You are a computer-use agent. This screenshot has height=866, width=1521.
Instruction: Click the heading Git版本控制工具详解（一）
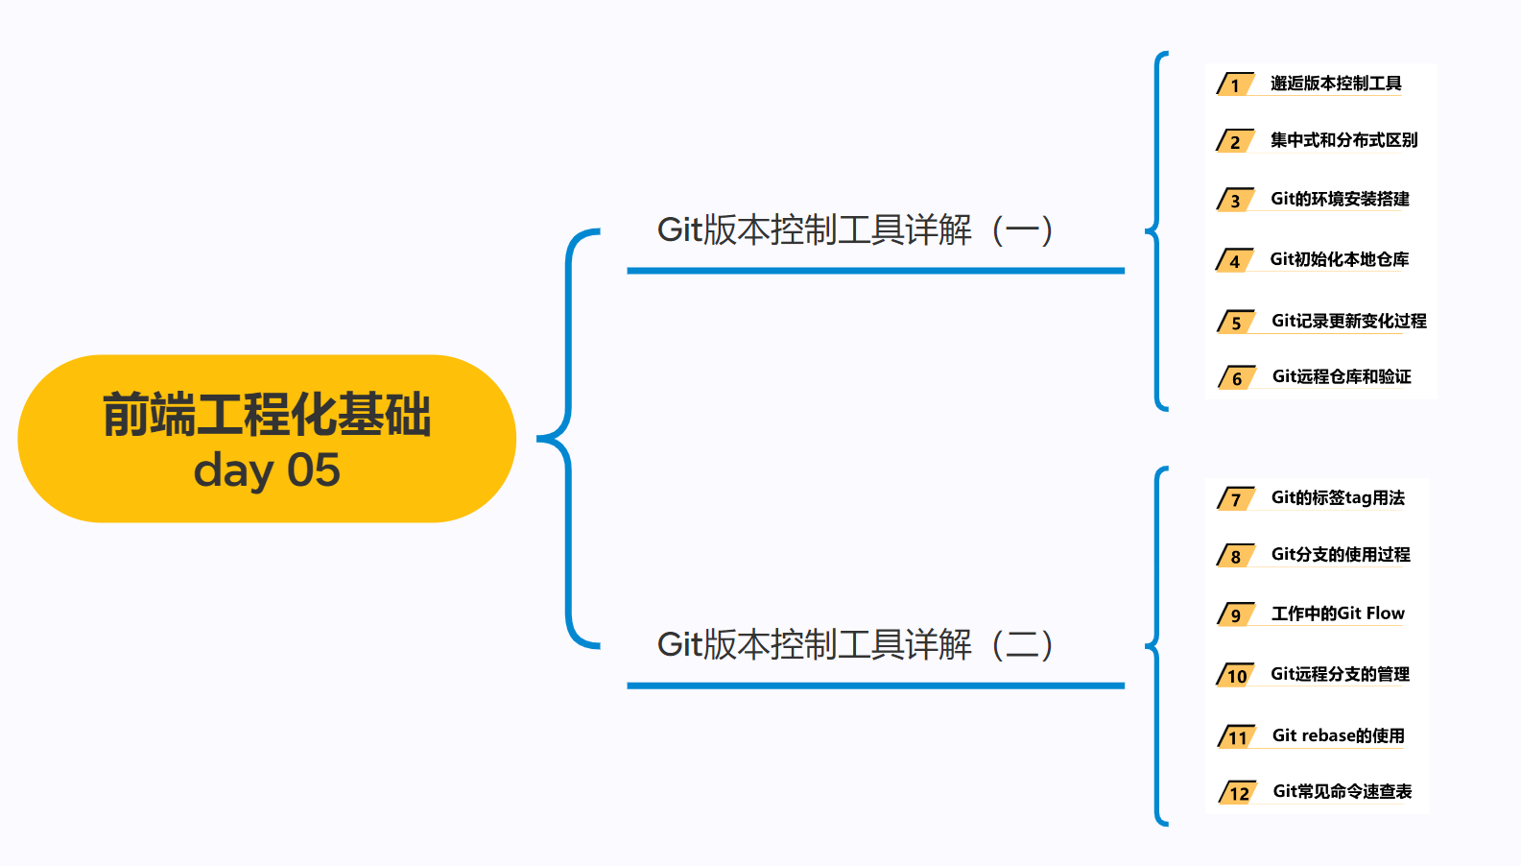(x=855, y=230)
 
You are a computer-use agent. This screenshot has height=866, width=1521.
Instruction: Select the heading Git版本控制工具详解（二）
(x=855, y=644)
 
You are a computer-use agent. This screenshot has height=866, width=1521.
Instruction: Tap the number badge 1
(x=1235, y=84)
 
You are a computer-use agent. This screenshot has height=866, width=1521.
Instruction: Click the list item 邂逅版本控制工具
(x=1336, y=84)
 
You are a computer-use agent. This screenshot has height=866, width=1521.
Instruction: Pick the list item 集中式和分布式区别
(x=1343, y=140)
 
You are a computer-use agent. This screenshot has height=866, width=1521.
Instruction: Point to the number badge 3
(x=1235, y=200)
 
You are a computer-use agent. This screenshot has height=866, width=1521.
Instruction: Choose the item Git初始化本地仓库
(x=1340, y=259)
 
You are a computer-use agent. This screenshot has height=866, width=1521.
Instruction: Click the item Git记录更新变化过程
(x=1348, y=321)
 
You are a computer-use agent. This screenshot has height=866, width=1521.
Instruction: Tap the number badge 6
(x=1236, y=378)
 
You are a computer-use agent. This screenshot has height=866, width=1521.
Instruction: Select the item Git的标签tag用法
(x=1338, y=497)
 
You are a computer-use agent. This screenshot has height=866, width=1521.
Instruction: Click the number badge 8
(x=1235, y=556)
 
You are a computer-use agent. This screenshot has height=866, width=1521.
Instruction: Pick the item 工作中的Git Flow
(x=1338, y=613)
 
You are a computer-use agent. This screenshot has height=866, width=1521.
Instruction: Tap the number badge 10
(x=1236, y=676)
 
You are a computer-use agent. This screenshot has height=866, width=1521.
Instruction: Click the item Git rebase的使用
(x=1338, y=735)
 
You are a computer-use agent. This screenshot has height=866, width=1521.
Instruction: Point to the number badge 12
(x=1239, y=793)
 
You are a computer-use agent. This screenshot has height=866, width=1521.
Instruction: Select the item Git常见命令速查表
(x=1342, y=791)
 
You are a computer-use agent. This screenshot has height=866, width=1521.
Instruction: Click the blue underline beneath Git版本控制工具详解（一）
(x=875, y=271)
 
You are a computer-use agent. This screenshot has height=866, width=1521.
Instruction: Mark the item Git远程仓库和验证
(x=1342, y=376)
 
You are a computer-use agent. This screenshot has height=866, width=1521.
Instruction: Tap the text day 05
(x=267, y=470)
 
